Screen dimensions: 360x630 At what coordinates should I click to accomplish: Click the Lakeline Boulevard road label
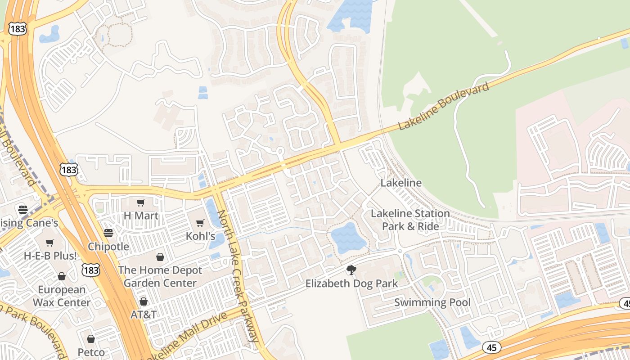click(443, 106)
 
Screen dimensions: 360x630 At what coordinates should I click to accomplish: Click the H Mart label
click(141, 216)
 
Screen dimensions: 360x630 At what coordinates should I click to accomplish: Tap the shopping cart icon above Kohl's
click(200, 223)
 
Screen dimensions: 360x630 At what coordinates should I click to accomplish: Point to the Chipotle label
click(108, 247)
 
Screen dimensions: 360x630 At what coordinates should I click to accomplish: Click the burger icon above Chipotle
click(108, 233)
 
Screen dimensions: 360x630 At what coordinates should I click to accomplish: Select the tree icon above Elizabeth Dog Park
click(351, 270)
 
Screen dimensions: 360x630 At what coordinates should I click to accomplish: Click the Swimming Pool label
click(432, 302)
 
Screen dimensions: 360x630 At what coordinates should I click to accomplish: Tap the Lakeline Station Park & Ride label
click(410, 220)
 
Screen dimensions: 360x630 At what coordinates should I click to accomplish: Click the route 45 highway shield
click(492, 347)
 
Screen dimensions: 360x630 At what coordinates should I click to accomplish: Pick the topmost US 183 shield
click(17, 29)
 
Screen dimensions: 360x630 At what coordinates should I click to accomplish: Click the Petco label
click(91, 352)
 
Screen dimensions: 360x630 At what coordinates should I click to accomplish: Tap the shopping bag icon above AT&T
click(144, 301)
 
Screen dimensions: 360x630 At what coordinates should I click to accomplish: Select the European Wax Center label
click(61, 296)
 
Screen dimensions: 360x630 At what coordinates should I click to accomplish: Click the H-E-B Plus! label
click(50, 256)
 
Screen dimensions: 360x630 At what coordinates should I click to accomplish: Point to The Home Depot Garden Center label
click(160, 277)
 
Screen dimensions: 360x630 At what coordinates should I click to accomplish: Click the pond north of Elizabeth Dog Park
click(348, 238)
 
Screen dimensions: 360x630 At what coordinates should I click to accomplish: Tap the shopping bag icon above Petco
click(91, 338)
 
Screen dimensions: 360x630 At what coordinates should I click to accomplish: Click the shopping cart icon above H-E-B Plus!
click(50, 243)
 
